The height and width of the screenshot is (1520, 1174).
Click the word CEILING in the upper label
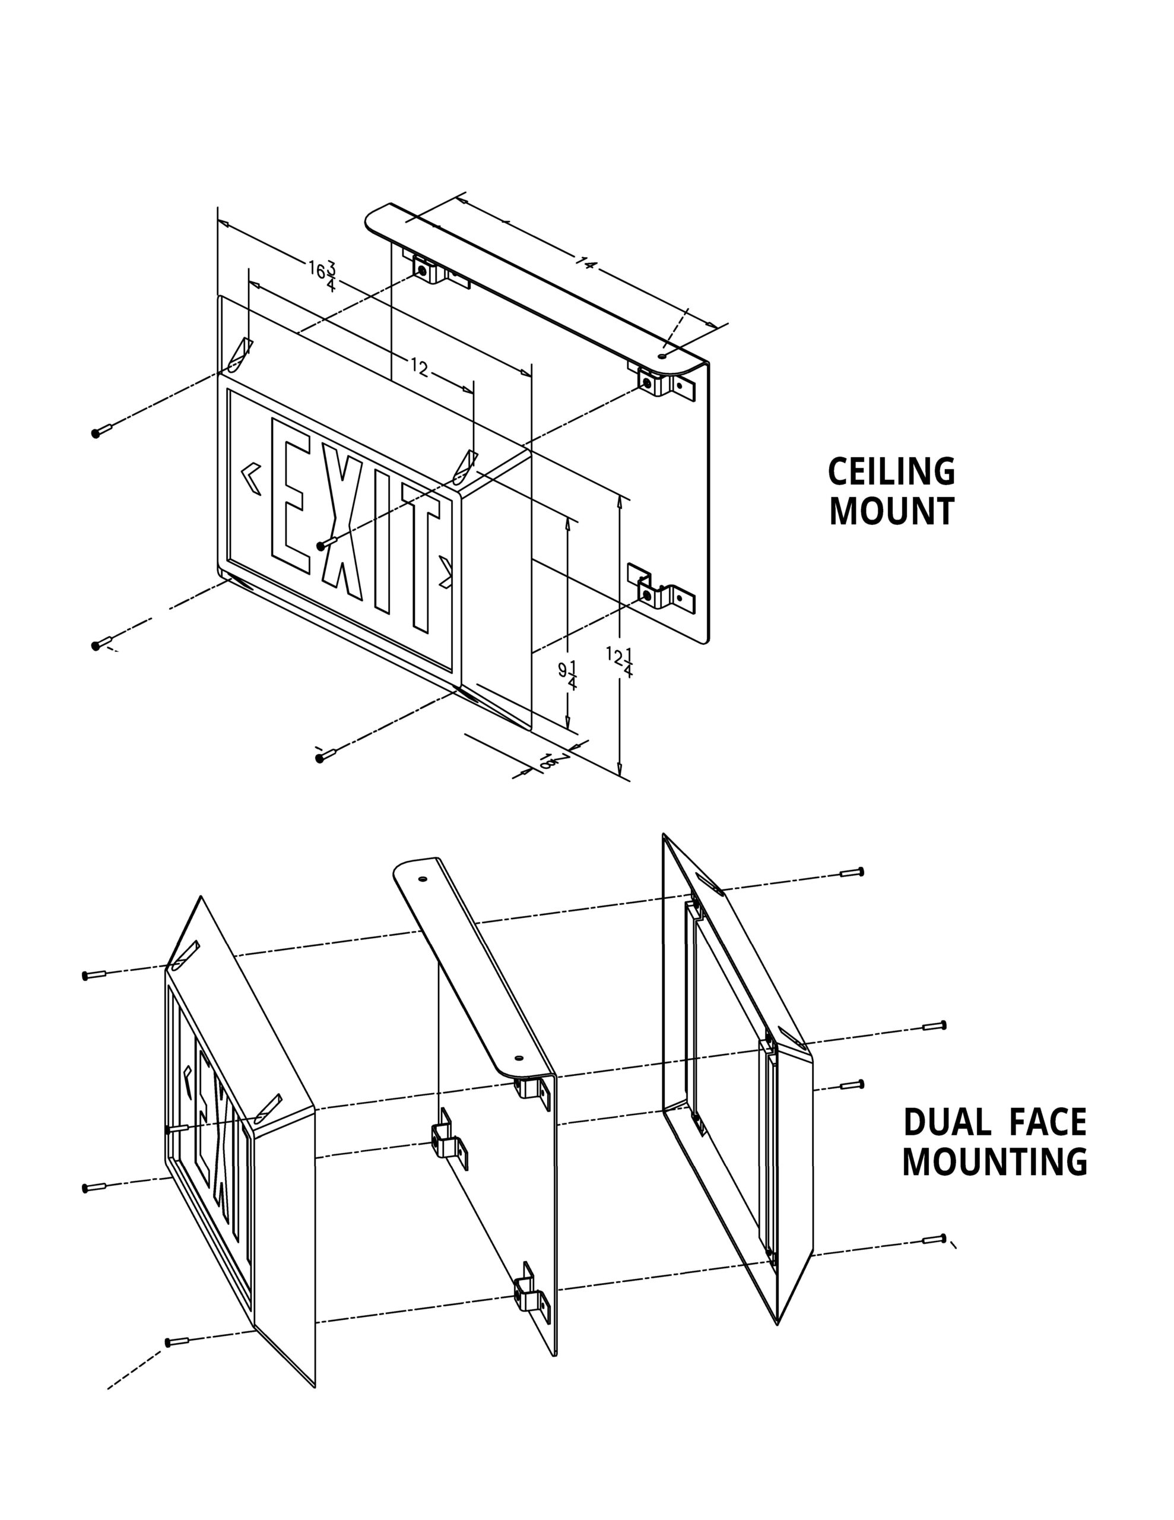coord(891,472)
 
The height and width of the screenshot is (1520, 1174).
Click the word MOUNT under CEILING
coord(891,512)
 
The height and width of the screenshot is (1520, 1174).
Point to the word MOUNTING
coord(994,1161)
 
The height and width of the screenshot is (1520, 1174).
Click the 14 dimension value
coord(586,264)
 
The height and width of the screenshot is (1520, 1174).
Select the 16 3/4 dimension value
coord(323,274)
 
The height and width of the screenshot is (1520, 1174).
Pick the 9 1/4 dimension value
coord(568,674)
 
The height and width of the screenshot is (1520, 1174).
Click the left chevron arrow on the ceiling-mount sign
coord(250,479)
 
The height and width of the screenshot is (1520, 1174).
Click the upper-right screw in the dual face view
coord(852,872)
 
